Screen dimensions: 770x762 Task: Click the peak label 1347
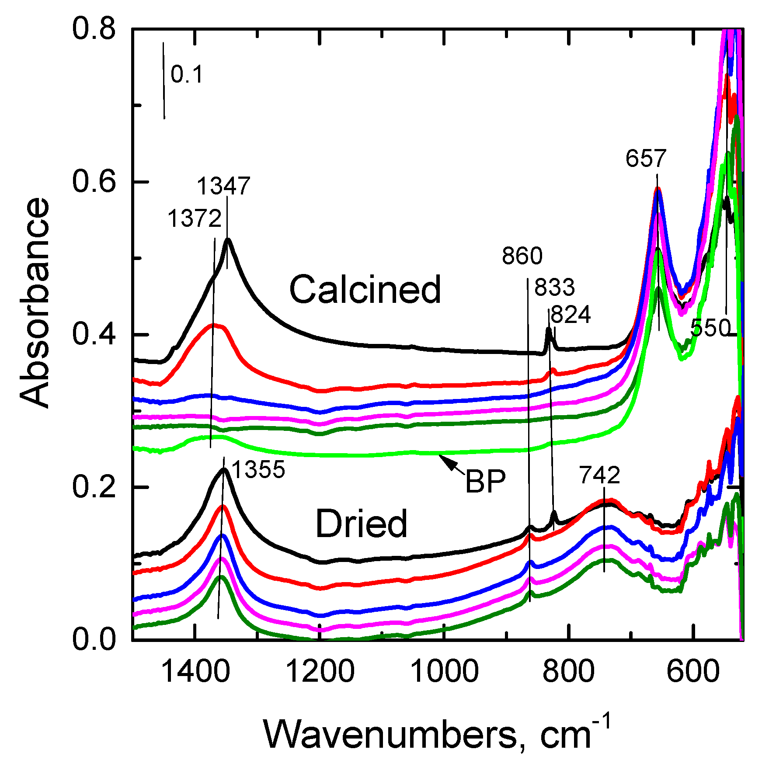coord(223,186)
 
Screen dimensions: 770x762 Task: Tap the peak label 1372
coord(195,218)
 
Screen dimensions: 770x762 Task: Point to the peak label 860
coord(522,256)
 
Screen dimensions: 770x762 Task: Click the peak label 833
coord(554,288)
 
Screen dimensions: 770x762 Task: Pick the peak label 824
coord(571,315)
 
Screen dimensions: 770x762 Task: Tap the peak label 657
coord(645,158)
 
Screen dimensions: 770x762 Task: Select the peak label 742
coord(600,475)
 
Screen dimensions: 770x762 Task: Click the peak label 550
coord(710,328)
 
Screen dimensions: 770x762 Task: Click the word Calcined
coord(365,290)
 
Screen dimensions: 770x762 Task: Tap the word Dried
coord(361,524)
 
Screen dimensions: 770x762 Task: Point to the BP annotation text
coord(485,482)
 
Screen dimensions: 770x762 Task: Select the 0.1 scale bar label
coord(187,74)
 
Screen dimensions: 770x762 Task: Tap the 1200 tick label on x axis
coord(320,672)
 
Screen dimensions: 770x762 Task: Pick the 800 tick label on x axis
coord(568,672)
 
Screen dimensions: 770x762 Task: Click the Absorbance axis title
coord(35,302)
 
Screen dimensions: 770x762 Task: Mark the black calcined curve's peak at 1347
coord(228,239)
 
